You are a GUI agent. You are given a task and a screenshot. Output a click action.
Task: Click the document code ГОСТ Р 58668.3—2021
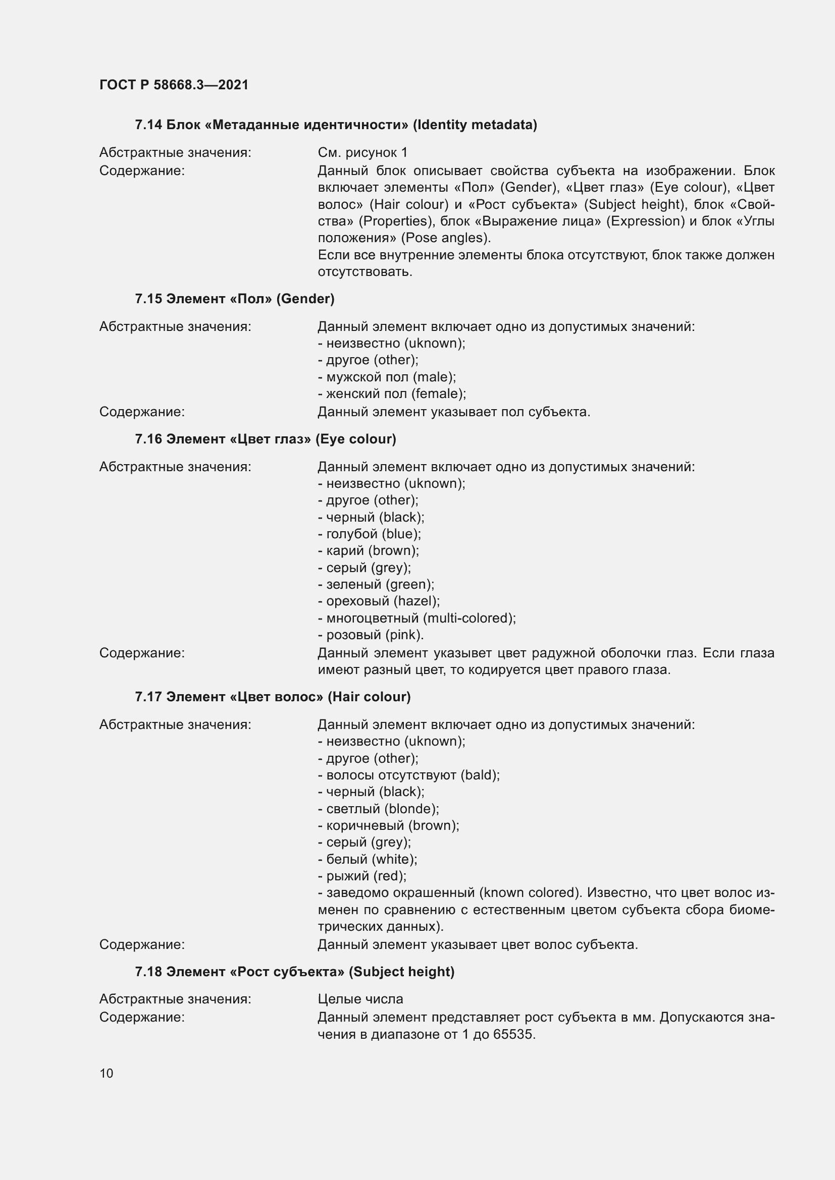click(174, 85)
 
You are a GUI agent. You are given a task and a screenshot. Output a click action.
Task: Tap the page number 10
click(107, 1073)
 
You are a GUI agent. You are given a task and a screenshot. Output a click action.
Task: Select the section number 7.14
click(148, 125)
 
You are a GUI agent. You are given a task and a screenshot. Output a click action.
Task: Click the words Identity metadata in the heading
click(475, 125)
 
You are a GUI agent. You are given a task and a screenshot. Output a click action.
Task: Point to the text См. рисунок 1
click(362, 153)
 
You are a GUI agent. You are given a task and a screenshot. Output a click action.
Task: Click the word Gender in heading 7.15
click(305, 299)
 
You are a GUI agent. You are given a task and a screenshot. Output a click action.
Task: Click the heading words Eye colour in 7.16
click(355, 439)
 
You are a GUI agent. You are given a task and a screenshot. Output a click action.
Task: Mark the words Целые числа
click(360, 999)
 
